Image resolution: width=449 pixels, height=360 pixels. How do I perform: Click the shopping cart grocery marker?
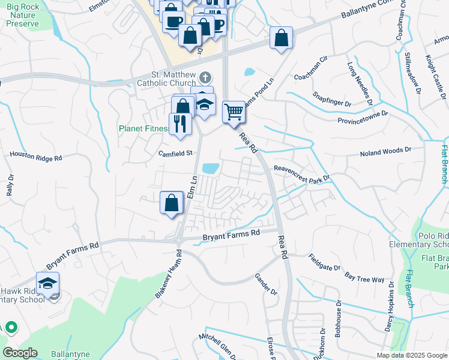tap(234, 111)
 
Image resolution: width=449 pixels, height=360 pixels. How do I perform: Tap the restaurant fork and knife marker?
tap(180, 124)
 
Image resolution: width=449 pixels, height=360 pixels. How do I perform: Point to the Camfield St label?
tap(175, 153)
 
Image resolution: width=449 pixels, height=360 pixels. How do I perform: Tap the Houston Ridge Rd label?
tap(36, 157)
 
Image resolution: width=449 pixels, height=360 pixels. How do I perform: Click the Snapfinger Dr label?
tap(332, 100)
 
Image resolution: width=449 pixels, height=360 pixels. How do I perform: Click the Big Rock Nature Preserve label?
tap(22, 15)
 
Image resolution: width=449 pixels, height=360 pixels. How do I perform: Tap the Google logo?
tap(20, 353)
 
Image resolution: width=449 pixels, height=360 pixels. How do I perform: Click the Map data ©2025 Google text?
tap(412, 355)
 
